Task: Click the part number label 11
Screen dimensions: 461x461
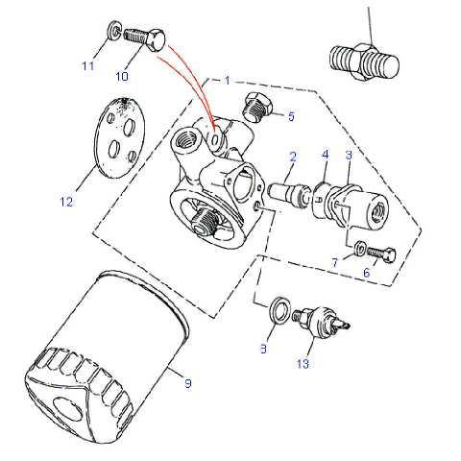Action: [x=88, y=66]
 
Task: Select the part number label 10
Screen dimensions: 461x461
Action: [x=122, y=76]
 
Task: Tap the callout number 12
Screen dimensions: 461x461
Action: [x=66, y=202]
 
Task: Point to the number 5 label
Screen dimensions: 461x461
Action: [x=291, y=116]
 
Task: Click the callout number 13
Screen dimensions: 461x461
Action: [x=303, y=364]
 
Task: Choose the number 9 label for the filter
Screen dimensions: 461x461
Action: [x=188, y=383]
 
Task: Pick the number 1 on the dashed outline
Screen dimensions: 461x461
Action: [x=227, y=81]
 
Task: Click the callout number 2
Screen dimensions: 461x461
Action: [x=293, y=157]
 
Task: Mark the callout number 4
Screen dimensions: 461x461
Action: [x=326, y=155]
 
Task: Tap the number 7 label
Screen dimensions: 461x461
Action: [x=335, y=263]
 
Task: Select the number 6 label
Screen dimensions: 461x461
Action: [x=367, y=273]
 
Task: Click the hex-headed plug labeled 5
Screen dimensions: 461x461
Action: [x=257, y=107]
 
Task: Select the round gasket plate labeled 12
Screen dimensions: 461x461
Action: [x=119, y=137]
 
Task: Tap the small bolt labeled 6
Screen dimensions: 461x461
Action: [x=381, y=255]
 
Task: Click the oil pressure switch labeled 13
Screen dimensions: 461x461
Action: [x=321, y=320]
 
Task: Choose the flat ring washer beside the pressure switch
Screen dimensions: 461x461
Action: [x=280, y=309]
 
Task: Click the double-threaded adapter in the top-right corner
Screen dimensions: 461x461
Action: [x=364, y=62]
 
